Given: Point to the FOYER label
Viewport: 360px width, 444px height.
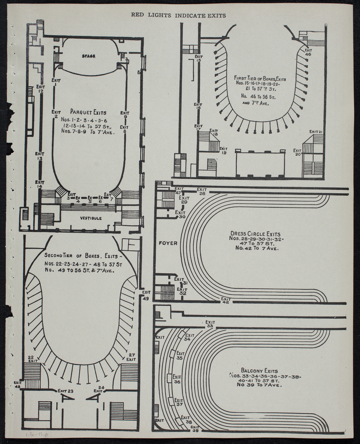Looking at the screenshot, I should click(168, 243).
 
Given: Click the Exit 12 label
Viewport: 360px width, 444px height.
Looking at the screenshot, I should click(40, 89).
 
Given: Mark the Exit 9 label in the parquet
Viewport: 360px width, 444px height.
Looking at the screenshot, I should click(125, 115).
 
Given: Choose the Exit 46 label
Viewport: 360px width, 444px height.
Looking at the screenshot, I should click(308, 52).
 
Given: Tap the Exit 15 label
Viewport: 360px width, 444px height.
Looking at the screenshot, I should click(198, 58).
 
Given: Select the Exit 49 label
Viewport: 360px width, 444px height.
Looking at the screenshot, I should click(145, 295).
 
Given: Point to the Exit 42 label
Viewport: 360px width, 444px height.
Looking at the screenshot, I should click(226, 300).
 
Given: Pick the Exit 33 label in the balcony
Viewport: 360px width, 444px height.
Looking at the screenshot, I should click(210, 324).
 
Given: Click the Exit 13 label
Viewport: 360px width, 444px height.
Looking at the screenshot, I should click(39, 156).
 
